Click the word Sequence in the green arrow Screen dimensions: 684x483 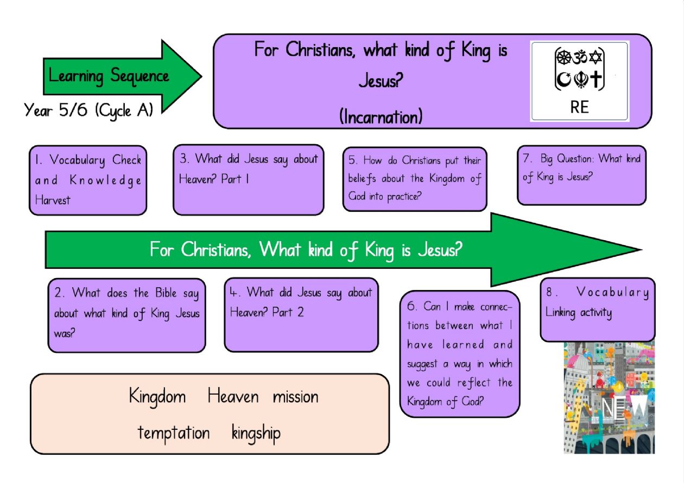[139, 76]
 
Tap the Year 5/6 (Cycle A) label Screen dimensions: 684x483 [88, 111]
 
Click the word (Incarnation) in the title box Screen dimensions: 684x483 [381, 117]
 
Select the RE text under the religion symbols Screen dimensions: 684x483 [579, 107]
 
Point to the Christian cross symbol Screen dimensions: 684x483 [596, 79]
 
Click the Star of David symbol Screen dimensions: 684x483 [596, 57]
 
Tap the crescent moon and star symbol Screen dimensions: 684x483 [563, 80]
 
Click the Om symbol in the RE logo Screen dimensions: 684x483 [580, 57]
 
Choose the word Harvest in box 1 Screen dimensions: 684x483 [53, 200]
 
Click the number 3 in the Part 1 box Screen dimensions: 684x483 [183, 158]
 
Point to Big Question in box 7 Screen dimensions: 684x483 [567, 159]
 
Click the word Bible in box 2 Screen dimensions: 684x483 [166, 293]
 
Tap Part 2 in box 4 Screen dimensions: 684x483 [288, 312]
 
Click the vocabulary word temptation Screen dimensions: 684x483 [174, 433]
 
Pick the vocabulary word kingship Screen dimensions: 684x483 [256, 433]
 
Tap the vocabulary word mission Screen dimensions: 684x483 [295, 397]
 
